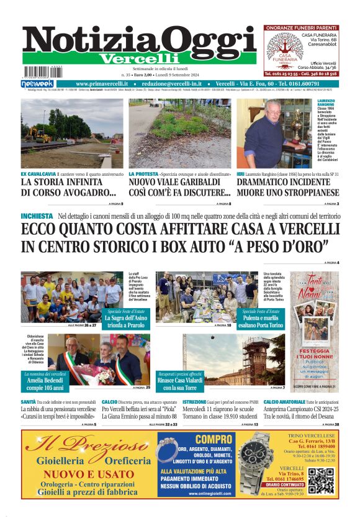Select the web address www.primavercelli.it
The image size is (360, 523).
(101, 83)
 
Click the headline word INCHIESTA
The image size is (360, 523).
(37, 216)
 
